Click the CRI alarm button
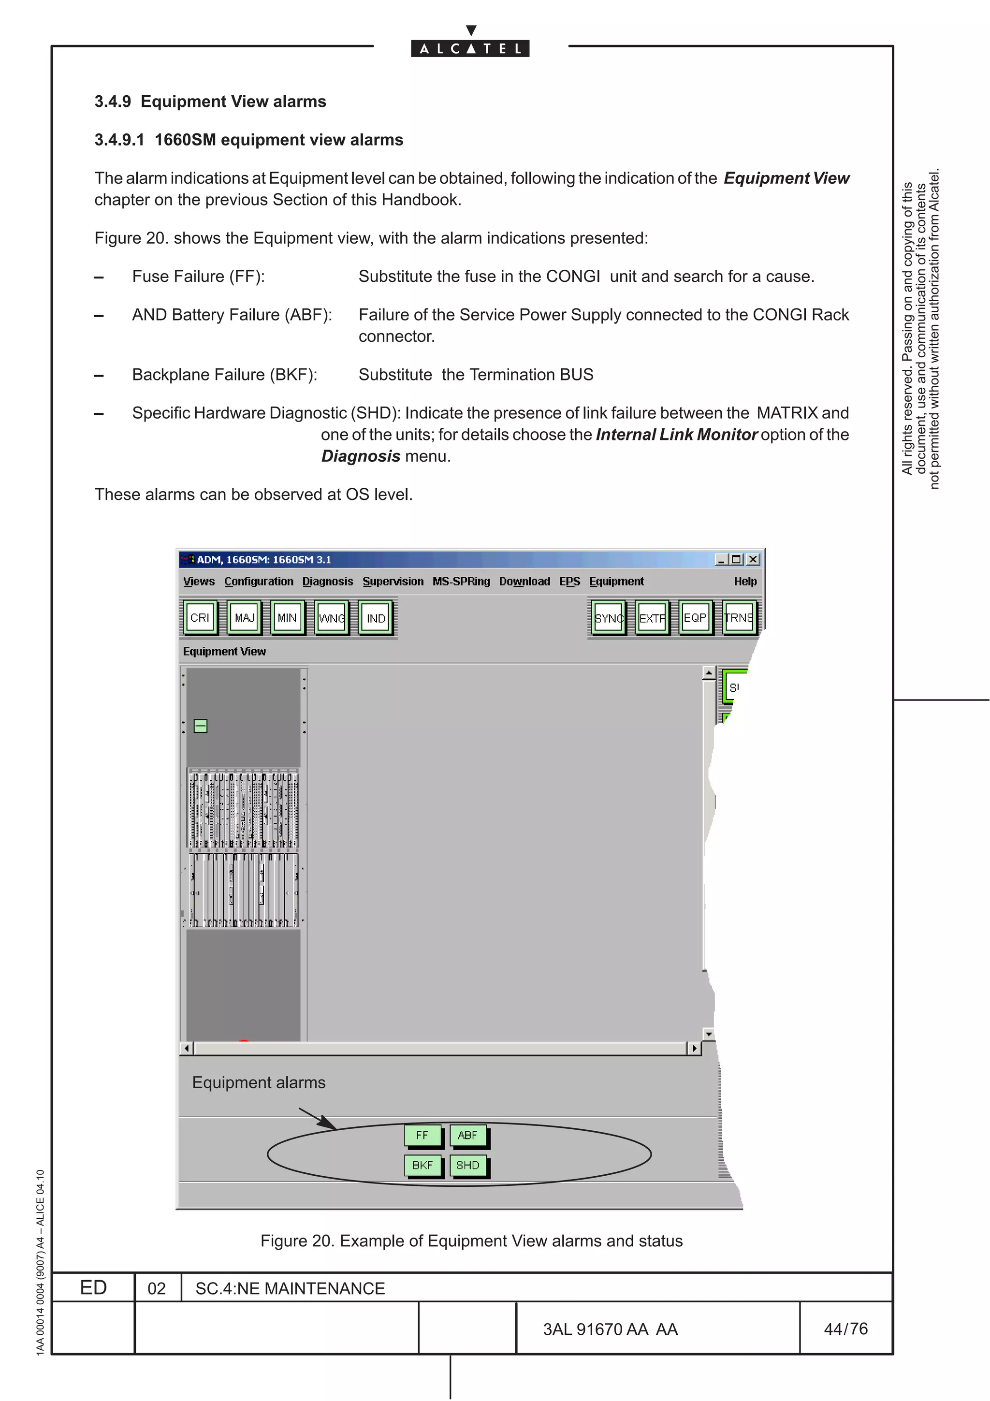pyautogui.click(x=200, y=617)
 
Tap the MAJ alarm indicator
pyautogui.click(x=244, y=617)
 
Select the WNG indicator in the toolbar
pyautogui.click(x=332, y=617)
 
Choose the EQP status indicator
pyautogui.click(x=695, y=617)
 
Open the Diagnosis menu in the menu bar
pyautogui.click(x=328, y=581)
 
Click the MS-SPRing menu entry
pyautogui.click(x=461, y=581)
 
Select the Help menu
pyautogui.click(x=745, y=581)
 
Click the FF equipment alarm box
pyautogui.click(x=422, y=1135)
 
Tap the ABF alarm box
pyautogui.click(x=468, y=1135)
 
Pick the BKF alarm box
pyautogui.click(x=422, y=1165)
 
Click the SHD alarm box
pyautogui.click(x=468, y=1165)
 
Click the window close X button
pyautogui.click(x=753, y=559)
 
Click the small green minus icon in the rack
pyautogui.click(x=201, y=726)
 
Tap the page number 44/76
pyautogui.click(x=845, y=1328)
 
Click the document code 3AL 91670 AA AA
pyautogui.click(x=610, y=1329)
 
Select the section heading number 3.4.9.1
pyautogui.click(x=119, y=140)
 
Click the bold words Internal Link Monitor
pyautogui.click(x=676, y=435)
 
